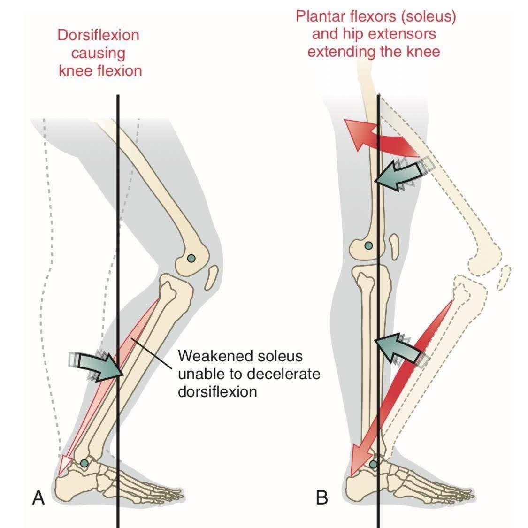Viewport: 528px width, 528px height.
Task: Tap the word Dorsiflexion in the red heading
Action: coord(98,35)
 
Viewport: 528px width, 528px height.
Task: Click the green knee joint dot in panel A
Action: coord(191,258)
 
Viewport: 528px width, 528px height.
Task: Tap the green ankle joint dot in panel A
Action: coord(84,463)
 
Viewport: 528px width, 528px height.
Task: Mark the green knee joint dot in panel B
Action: coord(368,245)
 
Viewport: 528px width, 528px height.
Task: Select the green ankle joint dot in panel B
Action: coord(373,465)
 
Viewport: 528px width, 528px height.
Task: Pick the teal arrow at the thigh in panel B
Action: coord(399,174)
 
